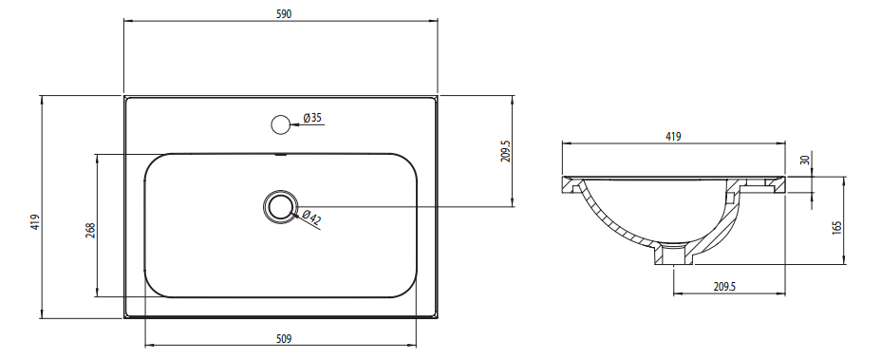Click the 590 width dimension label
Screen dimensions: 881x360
pos(284,13)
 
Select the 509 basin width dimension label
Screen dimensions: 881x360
pos(284,338)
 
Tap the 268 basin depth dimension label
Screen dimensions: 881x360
pos(90,230)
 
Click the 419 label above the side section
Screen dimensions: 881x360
pos(673,136)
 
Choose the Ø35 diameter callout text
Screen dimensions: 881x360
pos(311,118)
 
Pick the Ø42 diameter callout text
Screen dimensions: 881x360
pos(310,218)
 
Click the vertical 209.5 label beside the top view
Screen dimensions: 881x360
pos(505,151)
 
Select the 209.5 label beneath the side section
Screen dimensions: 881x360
pos(724,286)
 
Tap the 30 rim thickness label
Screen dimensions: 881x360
pos(805,160)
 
